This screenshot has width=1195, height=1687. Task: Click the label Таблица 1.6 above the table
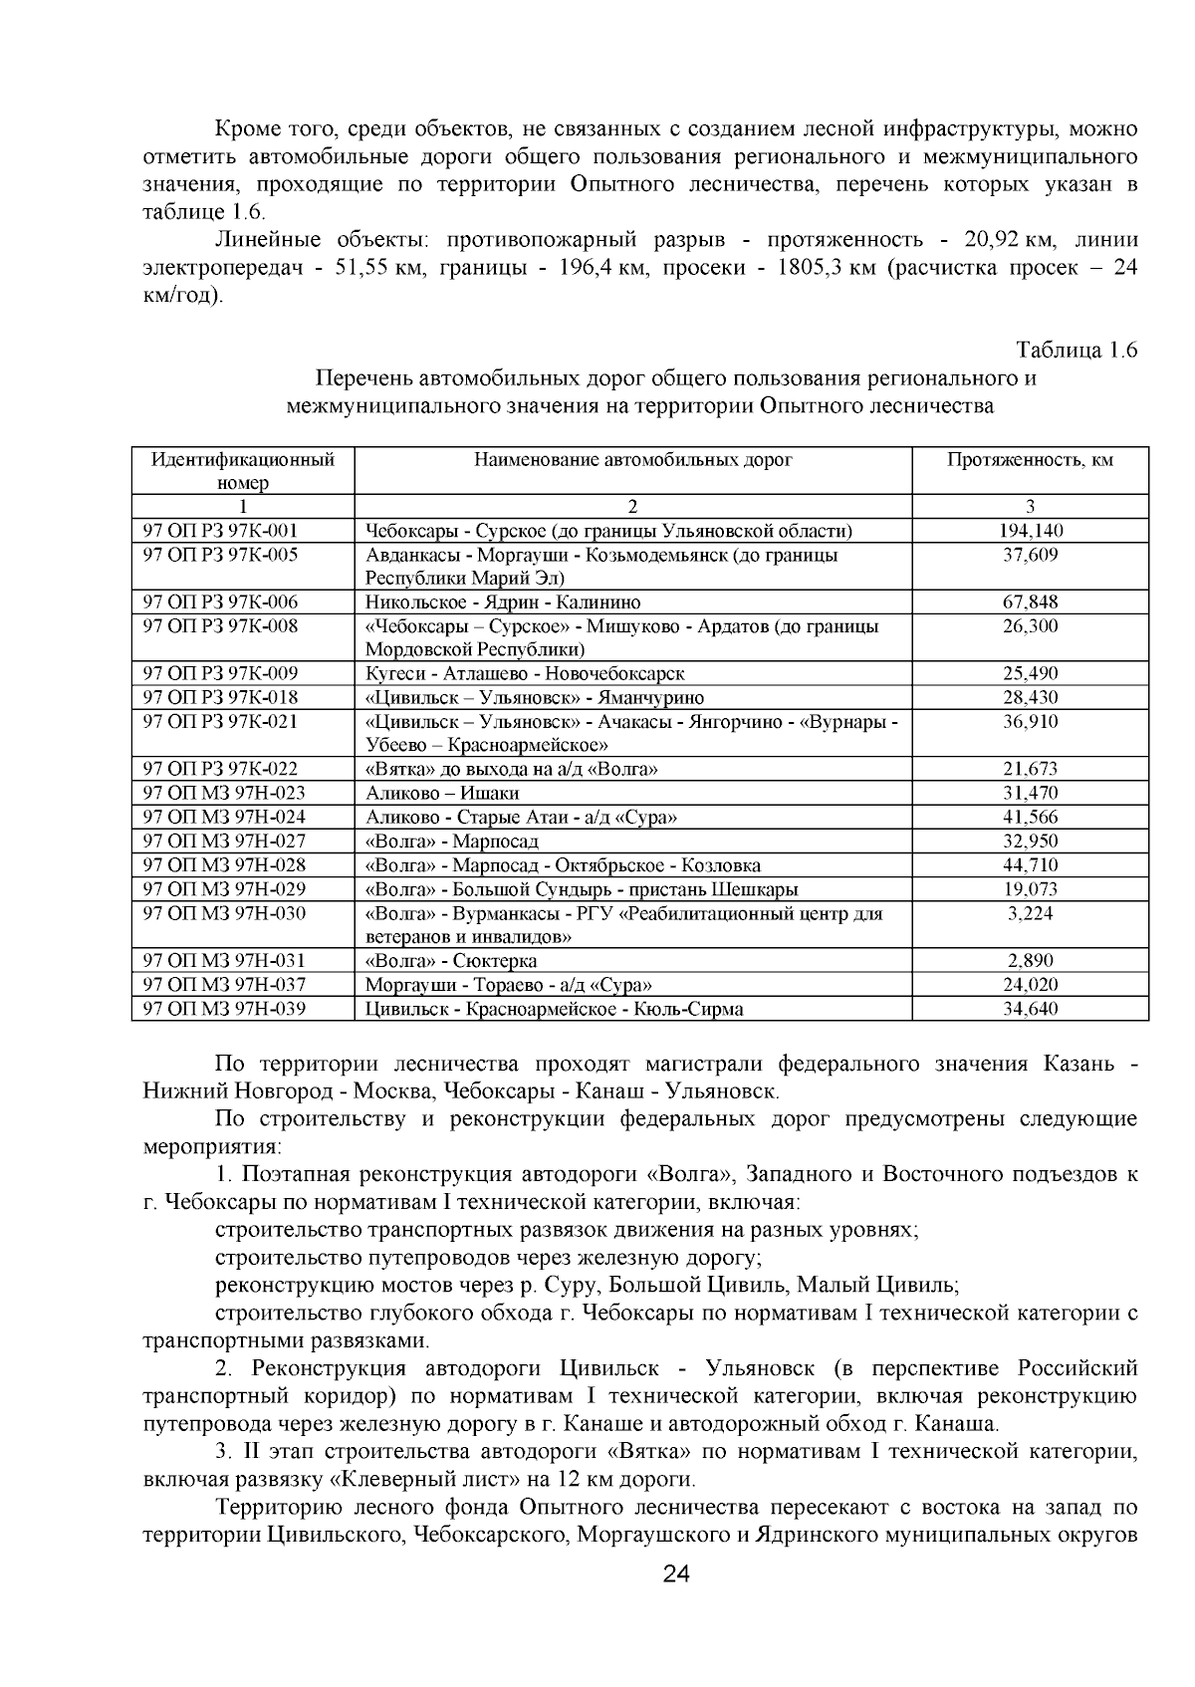[x=1075, y=351]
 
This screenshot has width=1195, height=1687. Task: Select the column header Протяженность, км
[x=1030, y=460]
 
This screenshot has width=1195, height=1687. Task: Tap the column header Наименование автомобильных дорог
[x=633, y=460]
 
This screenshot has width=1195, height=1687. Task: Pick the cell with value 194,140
[x=1030, y=531]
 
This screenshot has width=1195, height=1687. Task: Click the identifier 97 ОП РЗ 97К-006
[x=221, y=602]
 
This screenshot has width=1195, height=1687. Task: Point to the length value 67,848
[x=1030, y=602]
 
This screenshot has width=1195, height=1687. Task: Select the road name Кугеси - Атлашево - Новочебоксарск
[x=525, y=674]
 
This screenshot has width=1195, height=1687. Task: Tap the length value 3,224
[x=1030, y=913]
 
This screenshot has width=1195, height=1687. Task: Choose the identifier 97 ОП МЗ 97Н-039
[x=225, y=1009]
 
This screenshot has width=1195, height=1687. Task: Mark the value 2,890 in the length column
[x=1030, y=961]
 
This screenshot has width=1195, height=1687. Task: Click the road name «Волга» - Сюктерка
[x=451, y=961]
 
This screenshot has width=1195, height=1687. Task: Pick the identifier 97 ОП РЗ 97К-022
[x=221, y=769]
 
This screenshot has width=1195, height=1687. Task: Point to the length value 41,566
[x=1030, y=818]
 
